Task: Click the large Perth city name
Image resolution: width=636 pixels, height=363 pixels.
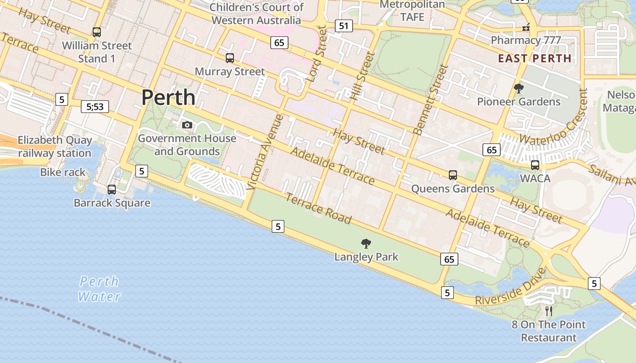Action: click(x=168, y=98)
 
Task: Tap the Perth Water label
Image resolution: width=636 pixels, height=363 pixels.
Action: click(x=99, y=289)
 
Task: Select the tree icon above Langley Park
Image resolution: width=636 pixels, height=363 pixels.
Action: click(x=366, y=244)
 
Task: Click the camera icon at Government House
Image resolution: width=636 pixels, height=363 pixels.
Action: click(x=187, y=125)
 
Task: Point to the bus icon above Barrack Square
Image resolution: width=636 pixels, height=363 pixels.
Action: click(x=112, y=190)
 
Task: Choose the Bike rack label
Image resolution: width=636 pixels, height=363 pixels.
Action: click(x=63, y=172)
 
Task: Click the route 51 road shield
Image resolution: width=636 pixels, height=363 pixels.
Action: click(x=344, y=26)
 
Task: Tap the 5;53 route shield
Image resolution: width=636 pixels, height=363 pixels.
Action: click(x=95, y=107)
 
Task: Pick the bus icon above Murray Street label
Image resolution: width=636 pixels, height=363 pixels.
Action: click(x=230, y=58)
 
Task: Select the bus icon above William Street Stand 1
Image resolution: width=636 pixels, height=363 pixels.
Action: click(x=97, y=32)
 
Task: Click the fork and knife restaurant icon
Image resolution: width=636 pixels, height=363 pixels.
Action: click(x=549, y=311)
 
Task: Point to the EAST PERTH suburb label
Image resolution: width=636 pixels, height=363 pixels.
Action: click(x=535, y=58)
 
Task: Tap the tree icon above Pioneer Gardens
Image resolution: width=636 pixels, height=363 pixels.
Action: click(x=518, y=88)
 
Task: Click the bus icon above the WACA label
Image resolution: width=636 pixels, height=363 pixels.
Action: click(x=535, y=165)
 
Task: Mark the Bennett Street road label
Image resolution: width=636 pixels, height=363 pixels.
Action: click(x=430, y=100)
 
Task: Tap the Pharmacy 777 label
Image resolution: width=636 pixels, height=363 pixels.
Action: click(x=526, y=40)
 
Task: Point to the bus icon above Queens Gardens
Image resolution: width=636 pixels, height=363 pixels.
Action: click(x=452, y=175)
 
